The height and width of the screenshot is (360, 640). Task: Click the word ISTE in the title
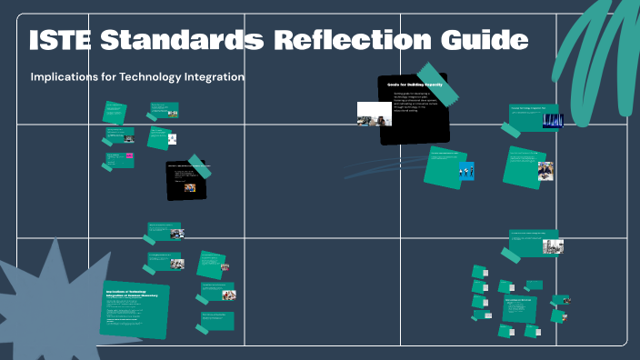[x=61, y=40]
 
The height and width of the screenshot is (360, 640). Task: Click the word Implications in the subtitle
[x=65, y=77]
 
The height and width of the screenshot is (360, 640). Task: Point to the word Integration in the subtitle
[x=211, y=77]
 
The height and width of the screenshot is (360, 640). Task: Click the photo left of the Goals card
[x=374, y=114]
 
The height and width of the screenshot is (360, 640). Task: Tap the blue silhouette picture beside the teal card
[x=466, y=170]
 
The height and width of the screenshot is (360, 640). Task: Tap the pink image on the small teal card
[x=130, y=156]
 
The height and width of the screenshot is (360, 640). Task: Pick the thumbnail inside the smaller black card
[x=190, y=187]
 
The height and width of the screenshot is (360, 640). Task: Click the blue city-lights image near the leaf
[x=553, y=121]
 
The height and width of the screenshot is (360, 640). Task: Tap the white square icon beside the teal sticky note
[x=172, y=139]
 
